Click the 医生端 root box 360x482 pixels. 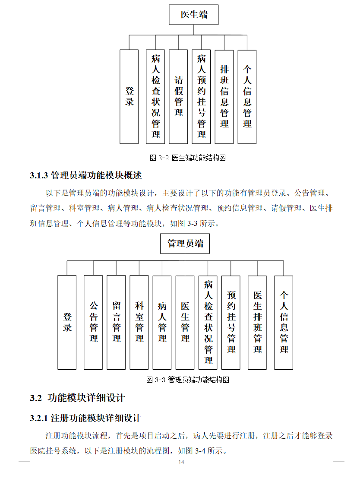click(194, 15)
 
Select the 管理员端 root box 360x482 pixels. click(185, 244)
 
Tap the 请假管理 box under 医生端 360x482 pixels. click(178, 97)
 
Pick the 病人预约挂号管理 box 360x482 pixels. click(202, 97)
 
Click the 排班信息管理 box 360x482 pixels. click(224, 97)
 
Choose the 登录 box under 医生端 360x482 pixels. click(129, 97)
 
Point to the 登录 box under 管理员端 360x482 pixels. click(67, 322)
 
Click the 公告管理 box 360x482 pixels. click(94, 322)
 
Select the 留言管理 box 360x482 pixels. click(117, 322)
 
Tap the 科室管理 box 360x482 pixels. click(139, 322)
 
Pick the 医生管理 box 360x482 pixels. click(185, 322)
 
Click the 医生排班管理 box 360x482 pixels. click(257, 322)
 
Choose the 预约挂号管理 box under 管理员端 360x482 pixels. click(231, 322)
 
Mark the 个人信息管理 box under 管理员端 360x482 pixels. click(284, 322)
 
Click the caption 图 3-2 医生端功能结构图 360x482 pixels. click(188, 158)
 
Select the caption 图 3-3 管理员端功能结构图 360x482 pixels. click(187, 380)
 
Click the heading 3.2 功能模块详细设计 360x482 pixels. click(77, 398)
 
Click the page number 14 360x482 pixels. click(181, 463)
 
